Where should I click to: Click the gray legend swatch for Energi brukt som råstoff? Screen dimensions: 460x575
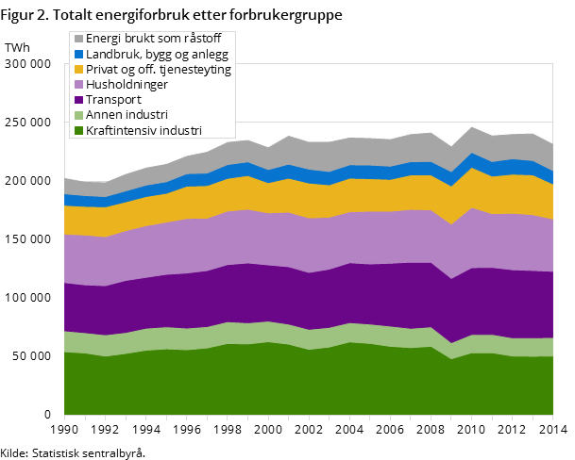[78, 40]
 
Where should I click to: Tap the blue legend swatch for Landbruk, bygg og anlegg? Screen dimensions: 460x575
[78, 55]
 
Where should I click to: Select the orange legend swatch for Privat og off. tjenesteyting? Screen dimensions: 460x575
[78, 70]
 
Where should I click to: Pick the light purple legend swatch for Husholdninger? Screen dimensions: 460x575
[78, 85]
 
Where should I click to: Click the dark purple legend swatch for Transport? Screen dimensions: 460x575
[78, 100]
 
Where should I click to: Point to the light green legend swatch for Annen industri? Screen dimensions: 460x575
[78, 115]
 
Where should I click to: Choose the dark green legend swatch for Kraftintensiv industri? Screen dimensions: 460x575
[78, 130]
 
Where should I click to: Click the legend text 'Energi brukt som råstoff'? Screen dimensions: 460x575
[152, 40]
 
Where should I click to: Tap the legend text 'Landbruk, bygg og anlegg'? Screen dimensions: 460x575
[155, 55]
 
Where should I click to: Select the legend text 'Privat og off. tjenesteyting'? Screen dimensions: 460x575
[159, 70]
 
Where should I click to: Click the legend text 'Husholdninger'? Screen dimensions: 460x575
[127, 85]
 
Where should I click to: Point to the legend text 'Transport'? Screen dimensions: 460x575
[113, 100]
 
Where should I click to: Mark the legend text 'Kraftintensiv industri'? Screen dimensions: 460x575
[144, 130]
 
